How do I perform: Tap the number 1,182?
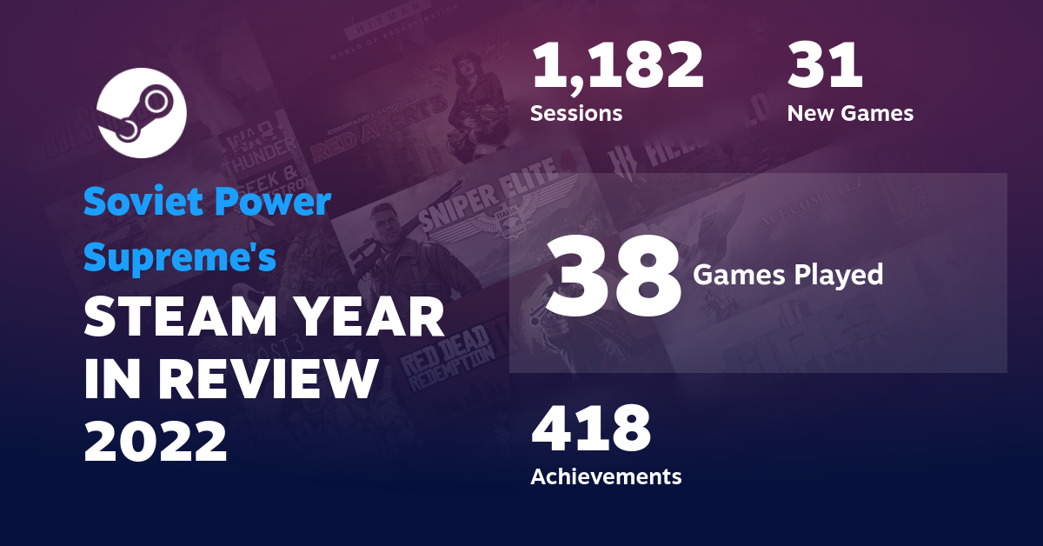tap(617, 68)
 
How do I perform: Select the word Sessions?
tap(575, 113)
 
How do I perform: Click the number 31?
tap(825, 68)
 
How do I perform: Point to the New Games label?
tap(850, 113)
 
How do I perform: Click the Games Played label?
tap(787, 276)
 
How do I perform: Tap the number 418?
tap(591, 429)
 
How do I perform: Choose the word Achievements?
tap(606, 476)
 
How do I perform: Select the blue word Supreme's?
tap(180, 257)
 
